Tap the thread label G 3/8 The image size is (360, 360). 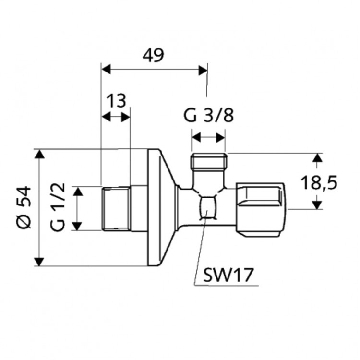pyautogui.click(x=209, y=116)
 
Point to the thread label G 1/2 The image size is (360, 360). pyautogui.click(x=58, y=208)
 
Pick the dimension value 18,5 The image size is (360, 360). pyautogui.click(x=319, y=182)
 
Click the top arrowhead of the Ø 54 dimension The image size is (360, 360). pyautogui.click(x=39, y=154)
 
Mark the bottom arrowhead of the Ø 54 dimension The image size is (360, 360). pyautogui.click(x=39, y=261)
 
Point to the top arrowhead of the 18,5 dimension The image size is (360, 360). pyautogui.click(x=316, y=158)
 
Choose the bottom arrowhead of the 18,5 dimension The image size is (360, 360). pyautogui.click(x=316, y=204)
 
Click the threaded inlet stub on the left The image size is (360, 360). pyautogui.click(x=116, y=208)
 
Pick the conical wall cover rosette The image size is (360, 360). pyautogui.click(x=161, y=207)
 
